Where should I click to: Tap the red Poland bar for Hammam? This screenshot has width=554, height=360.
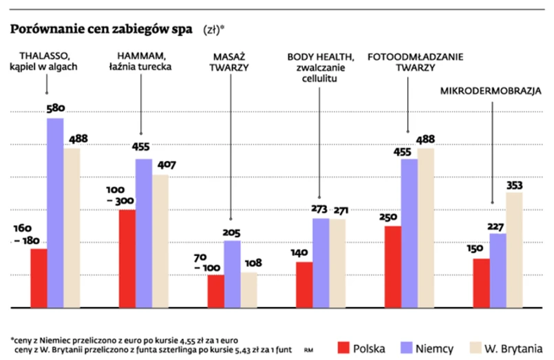[x=127, y=258]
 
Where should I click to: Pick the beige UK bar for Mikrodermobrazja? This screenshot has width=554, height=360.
[x=514, y=249]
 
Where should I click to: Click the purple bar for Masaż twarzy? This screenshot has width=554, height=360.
[x=233, y=273]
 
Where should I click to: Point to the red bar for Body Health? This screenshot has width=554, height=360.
[x=304, y=284]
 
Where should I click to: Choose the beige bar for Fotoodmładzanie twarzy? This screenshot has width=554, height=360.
[x=426, y=227]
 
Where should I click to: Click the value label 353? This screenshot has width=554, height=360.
[x=514, y=184]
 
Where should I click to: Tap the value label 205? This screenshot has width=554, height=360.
[x=233, y=233]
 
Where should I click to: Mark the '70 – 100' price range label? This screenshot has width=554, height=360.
[x=206, y=262]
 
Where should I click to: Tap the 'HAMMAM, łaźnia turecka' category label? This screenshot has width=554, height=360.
[x=140, y=61]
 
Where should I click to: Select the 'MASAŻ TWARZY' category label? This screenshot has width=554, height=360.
[x=231, y=61]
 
